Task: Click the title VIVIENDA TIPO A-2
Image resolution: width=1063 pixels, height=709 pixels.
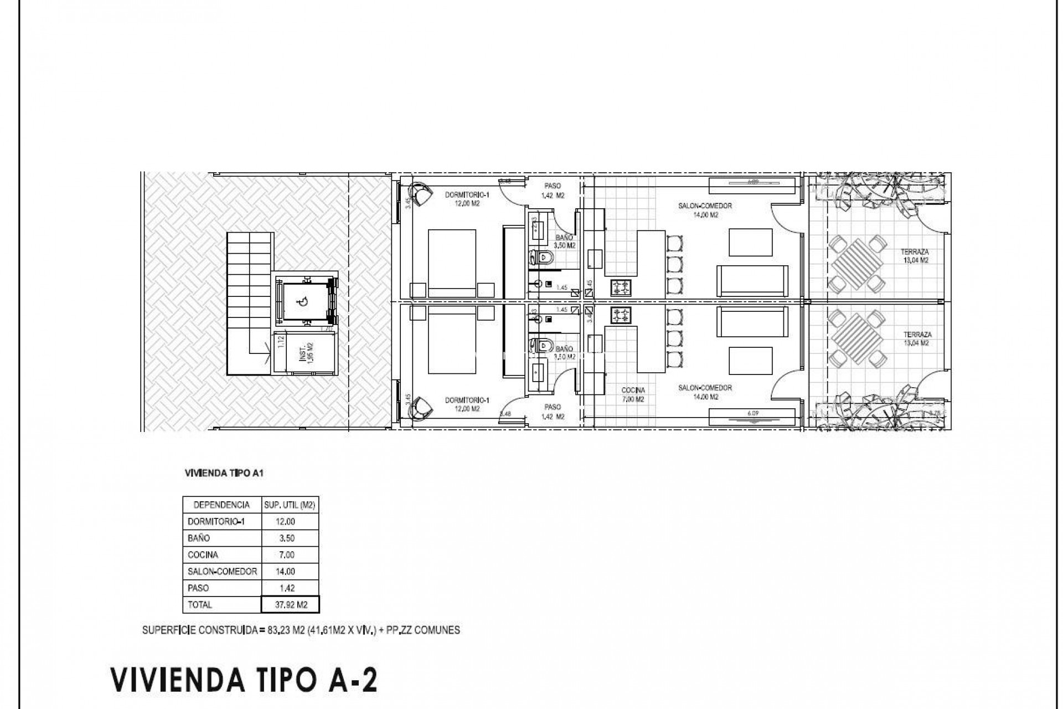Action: (244, 680)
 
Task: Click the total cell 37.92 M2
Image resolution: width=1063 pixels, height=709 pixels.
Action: (291, 604)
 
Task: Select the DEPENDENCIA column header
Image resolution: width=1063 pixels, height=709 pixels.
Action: (221, 505)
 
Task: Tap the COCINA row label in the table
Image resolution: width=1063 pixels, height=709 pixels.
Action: (203, 554)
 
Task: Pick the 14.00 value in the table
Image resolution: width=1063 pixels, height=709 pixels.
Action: (286, 571)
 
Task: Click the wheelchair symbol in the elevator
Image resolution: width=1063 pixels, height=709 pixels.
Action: (302, 302)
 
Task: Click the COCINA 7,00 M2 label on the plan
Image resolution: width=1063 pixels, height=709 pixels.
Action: (633, 394)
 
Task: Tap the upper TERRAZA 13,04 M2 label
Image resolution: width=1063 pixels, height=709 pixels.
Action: (916, 255)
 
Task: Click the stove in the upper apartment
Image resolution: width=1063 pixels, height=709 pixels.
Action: (621, 287)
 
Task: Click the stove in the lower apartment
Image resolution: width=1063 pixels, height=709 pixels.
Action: (621, 316)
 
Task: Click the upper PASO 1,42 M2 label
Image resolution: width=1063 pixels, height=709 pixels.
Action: (553, 191)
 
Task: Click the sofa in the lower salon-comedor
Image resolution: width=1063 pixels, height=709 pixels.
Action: (753, 321)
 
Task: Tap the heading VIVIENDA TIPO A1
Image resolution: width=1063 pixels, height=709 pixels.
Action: (226, 474)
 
